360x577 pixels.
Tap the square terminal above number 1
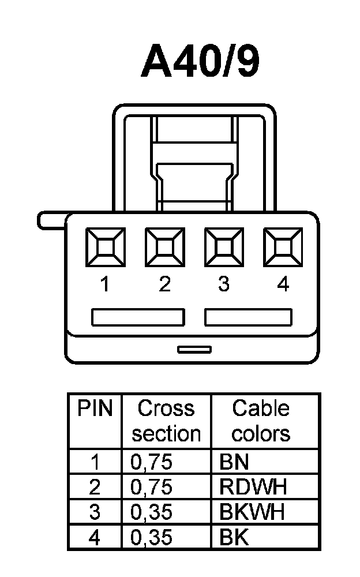point(106,248)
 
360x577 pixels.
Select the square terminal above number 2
point(165,248)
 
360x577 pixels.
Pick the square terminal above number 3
point(224,248)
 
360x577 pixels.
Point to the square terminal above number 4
point(283,248)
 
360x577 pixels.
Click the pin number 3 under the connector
point(224,284)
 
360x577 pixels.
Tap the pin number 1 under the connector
point(105,284)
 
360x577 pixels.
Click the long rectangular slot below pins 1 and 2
point(138,317)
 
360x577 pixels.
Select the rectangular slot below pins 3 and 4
point(249,317)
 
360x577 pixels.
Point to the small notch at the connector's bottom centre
point(194,349)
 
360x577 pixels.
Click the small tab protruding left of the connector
point(51,220)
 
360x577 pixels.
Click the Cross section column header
point(166,421)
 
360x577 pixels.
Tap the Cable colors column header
point(261,421)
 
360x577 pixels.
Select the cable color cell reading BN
point(234,462)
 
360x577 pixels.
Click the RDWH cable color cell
point(253,487)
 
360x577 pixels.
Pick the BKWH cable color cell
point(252,512)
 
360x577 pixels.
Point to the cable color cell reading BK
point(234,538)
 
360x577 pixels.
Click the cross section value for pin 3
point(152,512)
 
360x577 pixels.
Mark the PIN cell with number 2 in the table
point(95,487)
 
